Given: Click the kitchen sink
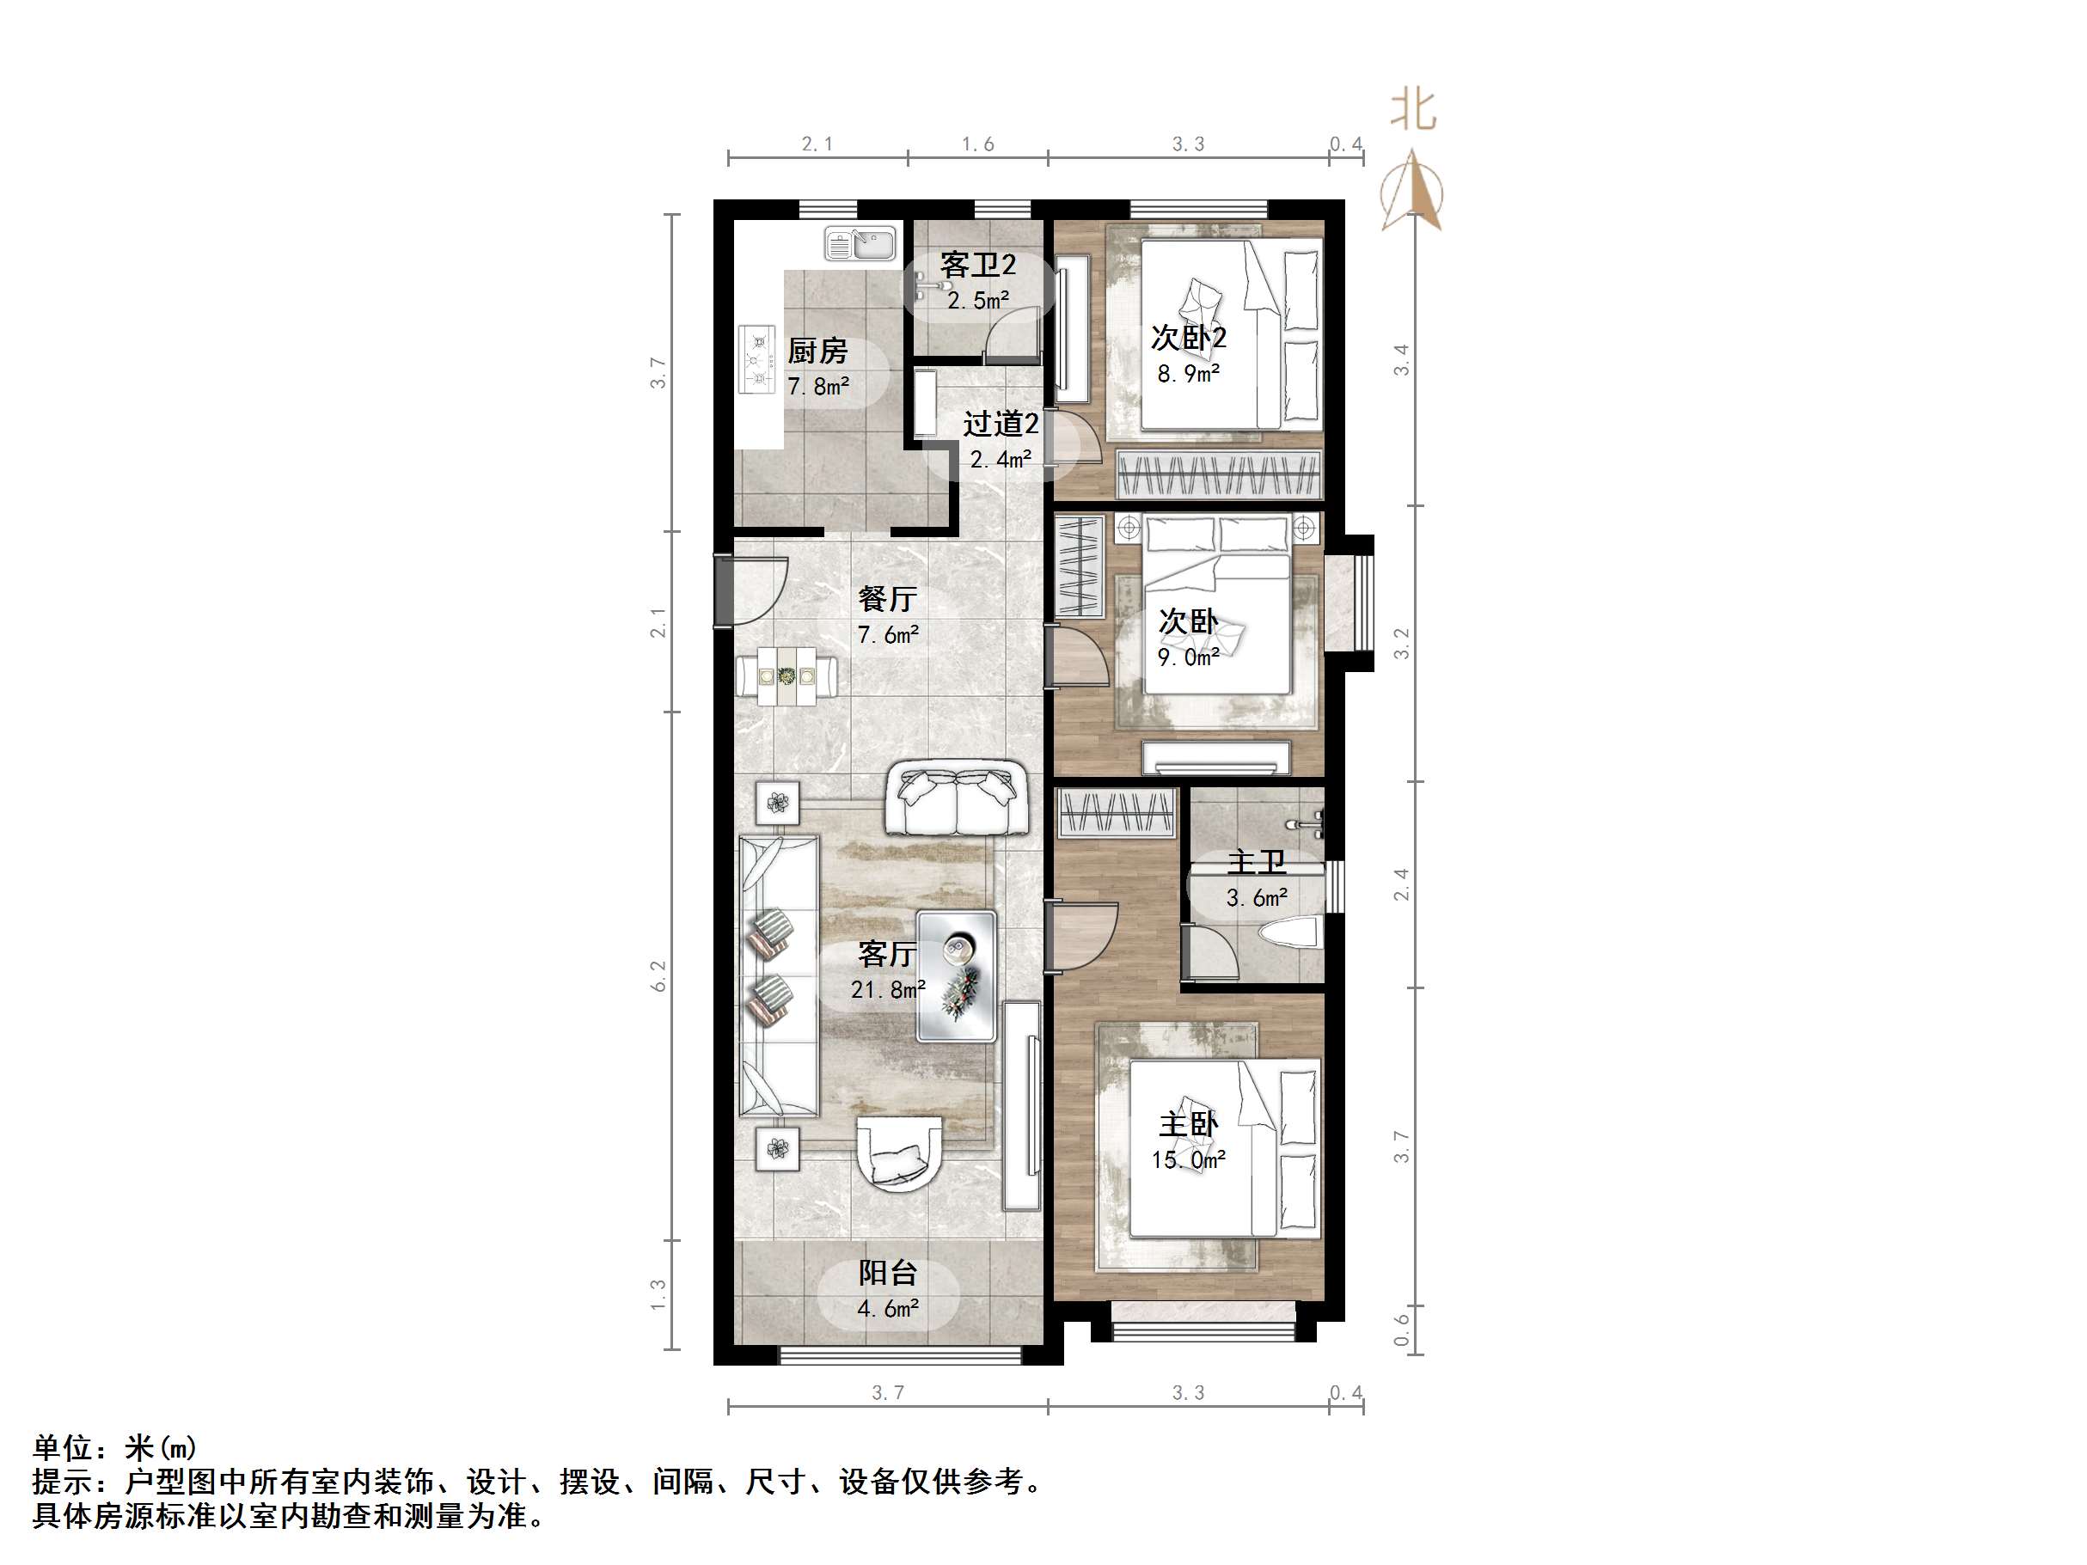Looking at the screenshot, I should pyautogui.click(x=860, y=243).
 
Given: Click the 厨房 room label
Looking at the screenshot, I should pyautogui.click(x=818, y=351).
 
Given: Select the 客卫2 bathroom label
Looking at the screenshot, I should pyautogui.click(x=977, y=265).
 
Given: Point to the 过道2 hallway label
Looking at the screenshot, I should pyautogui.click(x=1001, y=424).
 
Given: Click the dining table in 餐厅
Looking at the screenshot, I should pyautogui.click(x=786, y=676).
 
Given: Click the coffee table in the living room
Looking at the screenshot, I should pyautogui.click(x=957, y=975).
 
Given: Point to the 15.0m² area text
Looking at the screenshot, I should pyautogui.click(x=1188, y=1159).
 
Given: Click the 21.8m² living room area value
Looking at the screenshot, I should pyautogui.click(x=887, y=989).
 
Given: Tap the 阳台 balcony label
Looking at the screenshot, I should pyautogui.click(x=887, y=1273).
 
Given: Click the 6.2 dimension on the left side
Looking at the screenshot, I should pyautogui.click(x=658, y=975).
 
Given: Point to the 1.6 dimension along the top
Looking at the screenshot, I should pyautogui.click(x=977, y=144).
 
